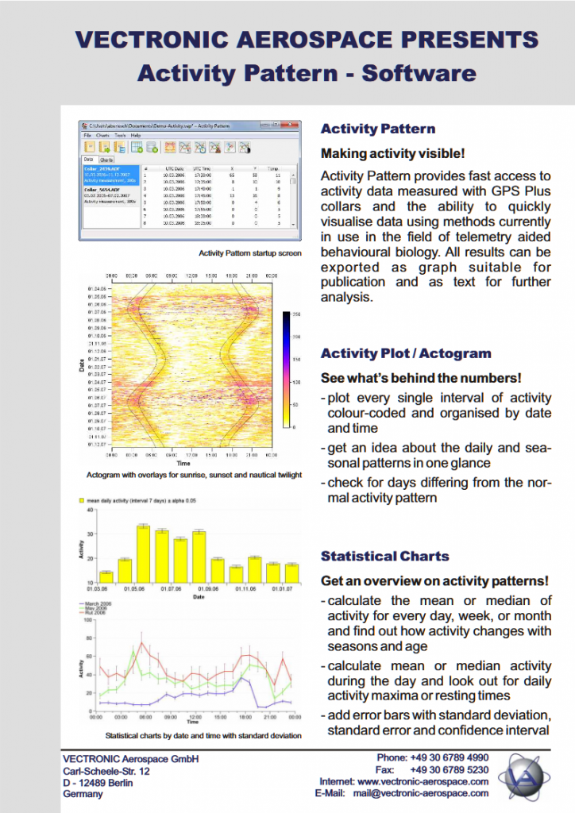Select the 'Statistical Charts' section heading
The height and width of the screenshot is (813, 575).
[384, 556]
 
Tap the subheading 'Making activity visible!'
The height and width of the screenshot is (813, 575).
[392, 152]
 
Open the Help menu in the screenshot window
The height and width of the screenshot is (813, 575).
[136, 136]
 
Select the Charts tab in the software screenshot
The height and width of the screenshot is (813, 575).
[106, 160]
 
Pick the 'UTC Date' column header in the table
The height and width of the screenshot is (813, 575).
[175, 168]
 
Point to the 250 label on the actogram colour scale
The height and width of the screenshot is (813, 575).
[295, 315]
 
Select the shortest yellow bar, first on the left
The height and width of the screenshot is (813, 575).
[106, 576]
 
